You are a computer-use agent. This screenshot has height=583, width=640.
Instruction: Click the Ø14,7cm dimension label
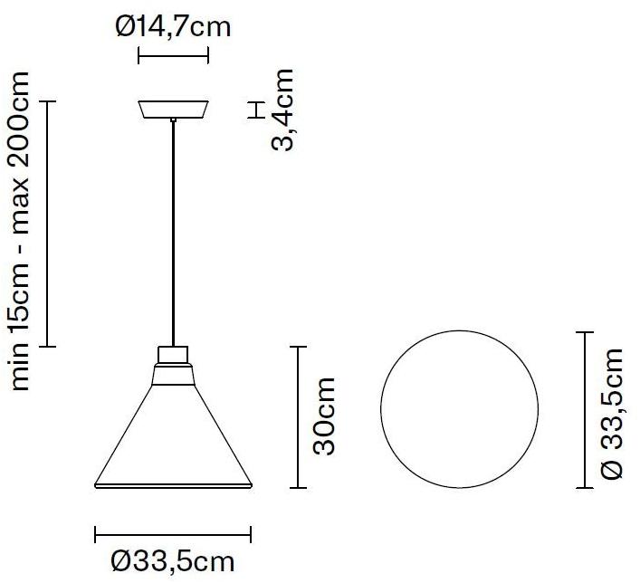tap(173, 27)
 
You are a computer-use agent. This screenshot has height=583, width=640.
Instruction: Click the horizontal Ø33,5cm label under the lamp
tap(173, 562)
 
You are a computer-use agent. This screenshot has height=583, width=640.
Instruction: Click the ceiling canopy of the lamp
tap(173, 110)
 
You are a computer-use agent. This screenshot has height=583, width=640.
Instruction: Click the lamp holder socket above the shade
tap(173, 354)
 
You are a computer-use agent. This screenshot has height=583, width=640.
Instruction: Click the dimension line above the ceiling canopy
tap(173, 56)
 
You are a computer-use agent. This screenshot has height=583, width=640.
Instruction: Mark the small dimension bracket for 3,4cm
tap(255, 110)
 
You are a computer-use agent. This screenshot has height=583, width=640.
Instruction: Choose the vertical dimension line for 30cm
tap(300, 416)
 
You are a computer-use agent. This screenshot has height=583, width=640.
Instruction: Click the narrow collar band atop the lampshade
tap(173, 369)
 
